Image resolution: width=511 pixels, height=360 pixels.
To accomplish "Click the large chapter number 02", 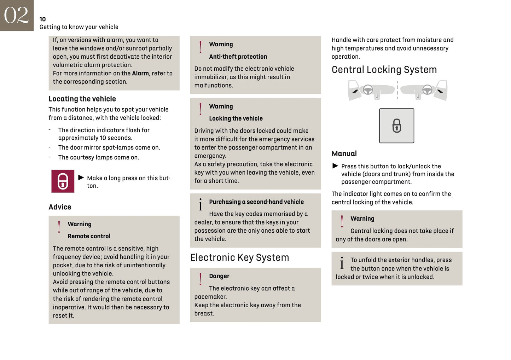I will [16, 15].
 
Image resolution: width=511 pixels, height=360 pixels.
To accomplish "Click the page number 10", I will [42, 19].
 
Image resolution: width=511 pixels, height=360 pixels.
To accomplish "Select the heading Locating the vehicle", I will [82, 99].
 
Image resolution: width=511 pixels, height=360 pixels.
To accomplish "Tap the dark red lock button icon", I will [63, 181].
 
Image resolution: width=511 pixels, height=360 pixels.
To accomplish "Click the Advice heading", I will [60, 207].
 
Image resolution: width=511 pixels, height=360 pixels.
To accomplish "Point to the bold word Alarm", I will [140, 73].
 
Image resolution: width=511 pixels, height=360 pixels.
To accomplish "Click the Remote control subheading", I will [89, 236].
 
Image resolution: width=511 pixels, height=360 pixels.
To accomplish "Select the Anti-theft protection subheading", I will [238, 57].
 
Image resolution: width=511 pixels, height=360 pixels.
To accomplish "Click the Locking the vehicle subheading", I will [236, 118].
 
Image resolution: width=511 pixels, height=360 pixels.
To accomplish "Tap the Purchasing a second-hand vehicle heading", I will [256, 202].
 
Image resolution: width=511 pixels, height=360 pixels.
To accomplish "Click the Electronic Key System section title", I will [239, 257].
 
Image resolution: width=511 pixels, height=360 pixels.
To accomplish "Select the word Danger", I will [219, 276].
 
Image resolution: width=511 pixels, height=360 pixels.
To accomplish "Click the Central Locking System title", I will [384, 70].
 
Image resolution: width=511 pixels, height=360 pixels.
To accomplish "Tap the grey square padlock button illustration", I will [396, 126].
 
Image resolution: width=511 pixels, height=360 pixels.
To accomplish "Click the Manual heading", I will [344, 153].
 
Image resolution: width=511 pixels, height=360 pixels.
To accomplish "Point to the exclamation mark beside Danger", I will [201, 279].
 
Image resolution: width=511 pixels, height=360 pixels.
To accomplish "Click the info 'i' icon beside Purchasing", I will [201, 204].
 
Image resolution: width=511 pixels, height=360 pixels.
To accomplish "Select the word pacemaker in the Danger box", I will [210, 297].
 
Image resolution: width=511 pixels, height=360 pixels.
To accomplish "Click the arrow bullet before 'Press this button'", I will [335, 166].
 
